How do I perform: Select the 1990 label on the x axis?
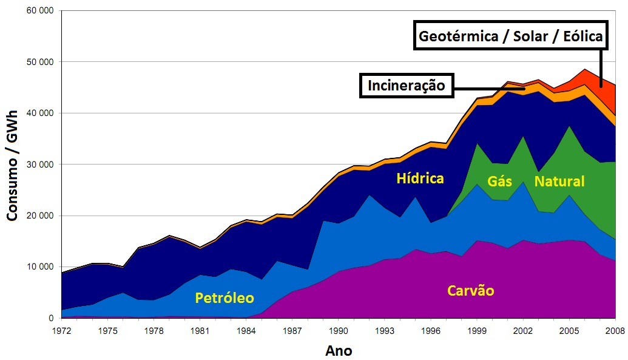[x=339, y=331]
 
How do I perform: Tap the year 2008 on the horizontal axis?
[x=615, y=331]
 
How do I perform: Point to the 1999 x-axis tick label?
[x=477, y=331]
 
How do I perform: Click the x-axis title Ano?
[x=339, y=350]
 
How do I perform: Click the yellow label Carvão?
[x=471, y=291]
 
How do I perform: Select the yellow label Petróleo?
[x=225, y=298]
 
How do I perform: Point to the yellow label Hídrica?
[x=420, y=178]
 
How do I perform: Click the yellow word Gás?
[x=499, y=182]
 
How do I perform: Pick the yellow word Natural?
[x=559, y=182]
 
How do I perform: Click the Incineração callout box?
[x=406, y=86]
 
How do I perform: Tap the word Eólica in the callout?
[x=581, y=36]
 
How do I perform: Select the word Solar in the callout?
[x=530, y=36]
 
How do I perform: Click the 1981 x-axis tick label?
[x=200, y=331]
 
